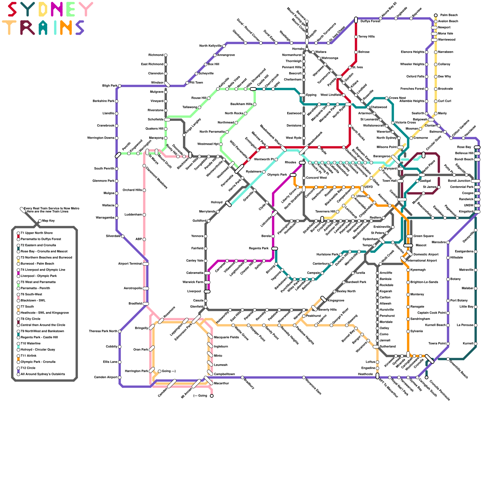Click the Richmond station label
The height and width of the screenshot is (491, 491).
[x=156, y=55]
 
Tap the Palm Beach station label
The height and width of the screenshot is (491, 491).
[x=449, y=15]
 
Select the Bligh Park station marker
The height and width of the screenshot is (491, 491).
[x=119, y=86]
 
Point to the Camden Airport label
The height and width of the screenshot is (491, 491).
[x=106, y=377]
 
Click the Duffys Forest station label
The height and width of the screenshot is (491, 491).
[x=370, y=21]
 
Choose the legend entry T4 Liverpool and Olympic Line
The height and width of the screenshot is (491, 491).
[x=43, y=270]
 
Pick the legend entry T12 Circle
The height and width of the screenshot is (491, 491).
[x=28, y=368]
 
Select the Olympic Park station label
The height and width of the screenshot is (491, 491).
[x=277, y=175]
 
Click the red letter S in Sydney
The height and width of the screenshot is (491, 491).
[x=12, y=10]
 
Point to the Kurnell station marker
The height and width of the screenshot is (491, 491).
[x=476, y=344]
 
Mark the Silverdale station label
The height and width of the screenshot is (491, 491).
[x=113, y=236]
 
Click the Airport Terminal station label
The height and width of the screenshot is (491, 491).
[x=130, y=264]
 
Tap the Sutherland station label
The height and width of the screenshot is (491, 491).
[x=388, y=346]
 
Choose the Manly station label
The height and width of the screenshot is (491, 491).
[x=442, y=114]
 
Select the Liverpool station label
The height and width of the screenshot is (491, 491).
[x=194, y=292]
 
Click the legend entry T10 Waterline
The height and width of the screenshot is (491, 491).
[x=30, y=343]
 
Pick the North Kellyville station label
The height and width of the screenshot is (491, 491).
[x=210, y=46]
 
